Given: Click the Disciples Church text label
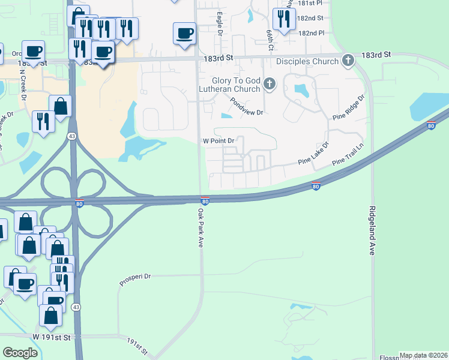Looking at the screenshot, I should pos(307,61).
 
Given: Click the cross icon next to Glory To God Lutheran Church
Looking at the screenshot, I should pos(270,84).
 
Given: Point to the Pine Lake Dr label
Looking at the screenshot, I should pos(314,155).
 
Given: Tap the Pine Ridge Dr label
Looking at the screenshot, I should pos(352,106).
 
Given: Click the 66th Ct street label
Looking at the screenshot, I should pos(271,41).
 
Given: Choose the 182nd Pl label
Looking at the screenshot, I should pos(312,33).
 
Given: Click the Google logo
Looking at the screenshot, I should pos(20,353).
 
